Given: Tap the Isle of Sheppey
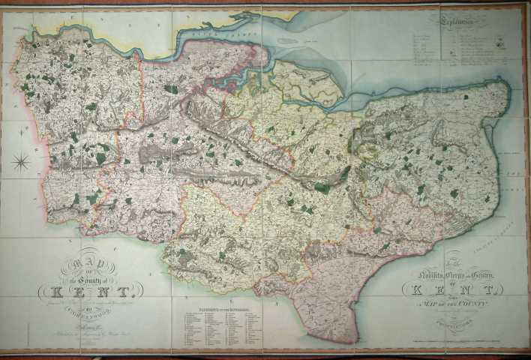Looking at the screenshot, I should (307, 79).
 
